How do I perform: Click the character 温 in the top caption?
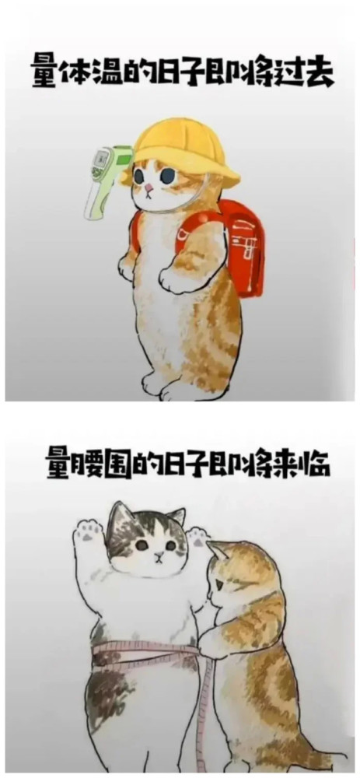(x=106, y=73)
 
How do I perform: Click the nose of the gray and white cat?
(x=159, y=554)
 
